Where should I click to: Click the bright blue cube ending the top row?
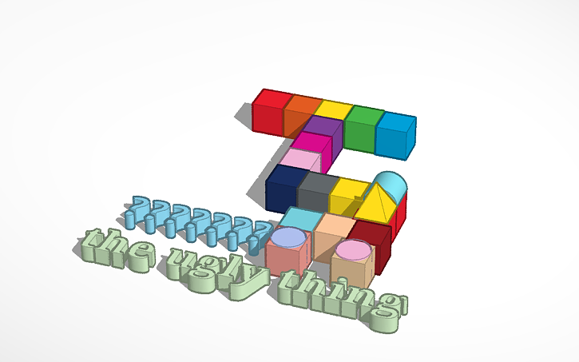pos(395,135)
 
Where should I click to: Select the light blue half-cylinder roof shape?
pos(392,185)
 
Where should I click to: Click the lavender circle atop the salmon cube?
pos(288,238)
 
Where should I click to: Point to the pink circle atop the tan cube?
pos(352,249)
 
